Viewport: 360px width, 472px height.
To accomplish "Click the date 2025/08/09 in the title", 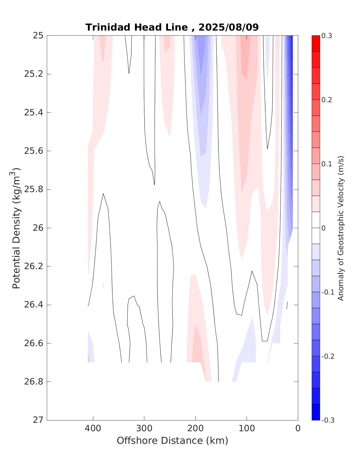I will click(229, 27).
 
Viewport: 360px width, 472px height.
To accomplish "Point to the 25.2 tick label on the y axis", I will click(33, 74).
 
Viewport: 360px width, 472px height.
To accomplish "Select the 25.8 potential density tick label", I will click(33, 189).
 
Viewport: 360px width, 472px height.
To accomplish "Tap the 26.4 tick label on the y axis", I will click(33, 305).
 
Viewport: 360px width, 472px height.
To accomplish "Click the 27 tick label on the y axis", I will click(38, 420).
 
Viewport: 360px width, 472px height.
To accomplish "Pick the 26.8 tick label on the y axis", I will click(33, 381).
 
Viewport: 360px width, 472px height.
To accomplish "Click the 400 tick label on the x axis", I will click(93, 428).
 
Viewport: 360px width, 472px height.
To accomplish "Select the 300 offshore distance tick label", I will click(144, 428).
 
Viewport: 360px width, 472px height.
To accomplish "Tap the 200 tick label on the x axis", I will click(195, 428).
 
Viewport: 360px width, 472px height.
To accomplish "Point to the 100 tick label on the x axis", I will click(247, 428).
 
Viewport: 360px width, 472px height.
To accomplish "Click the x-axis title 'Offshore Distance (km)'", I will click(172, 441).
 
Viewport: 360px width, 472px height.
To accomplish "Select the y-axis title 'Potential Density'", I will click(16, 228).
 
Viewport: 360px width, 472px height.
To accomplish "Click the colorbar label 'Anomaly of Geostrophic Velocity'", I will click(340, 228).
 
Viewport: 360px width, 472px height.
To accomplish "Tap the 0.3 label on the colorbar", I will click(327, 36).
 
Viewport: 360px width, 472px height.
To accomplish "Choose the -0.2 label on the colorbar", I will click(328, 356).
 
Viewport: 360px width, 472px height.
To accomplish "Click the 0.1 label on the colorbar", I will click(327, 164).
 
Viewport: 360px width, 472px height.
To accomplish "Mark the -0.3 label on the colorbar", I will click(328, 420).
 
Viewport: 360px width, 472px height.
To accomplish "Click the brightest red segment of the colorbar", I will click(316, 43).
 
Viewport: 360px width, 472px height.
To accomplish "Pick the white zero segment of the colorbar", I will click(316, 228).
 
